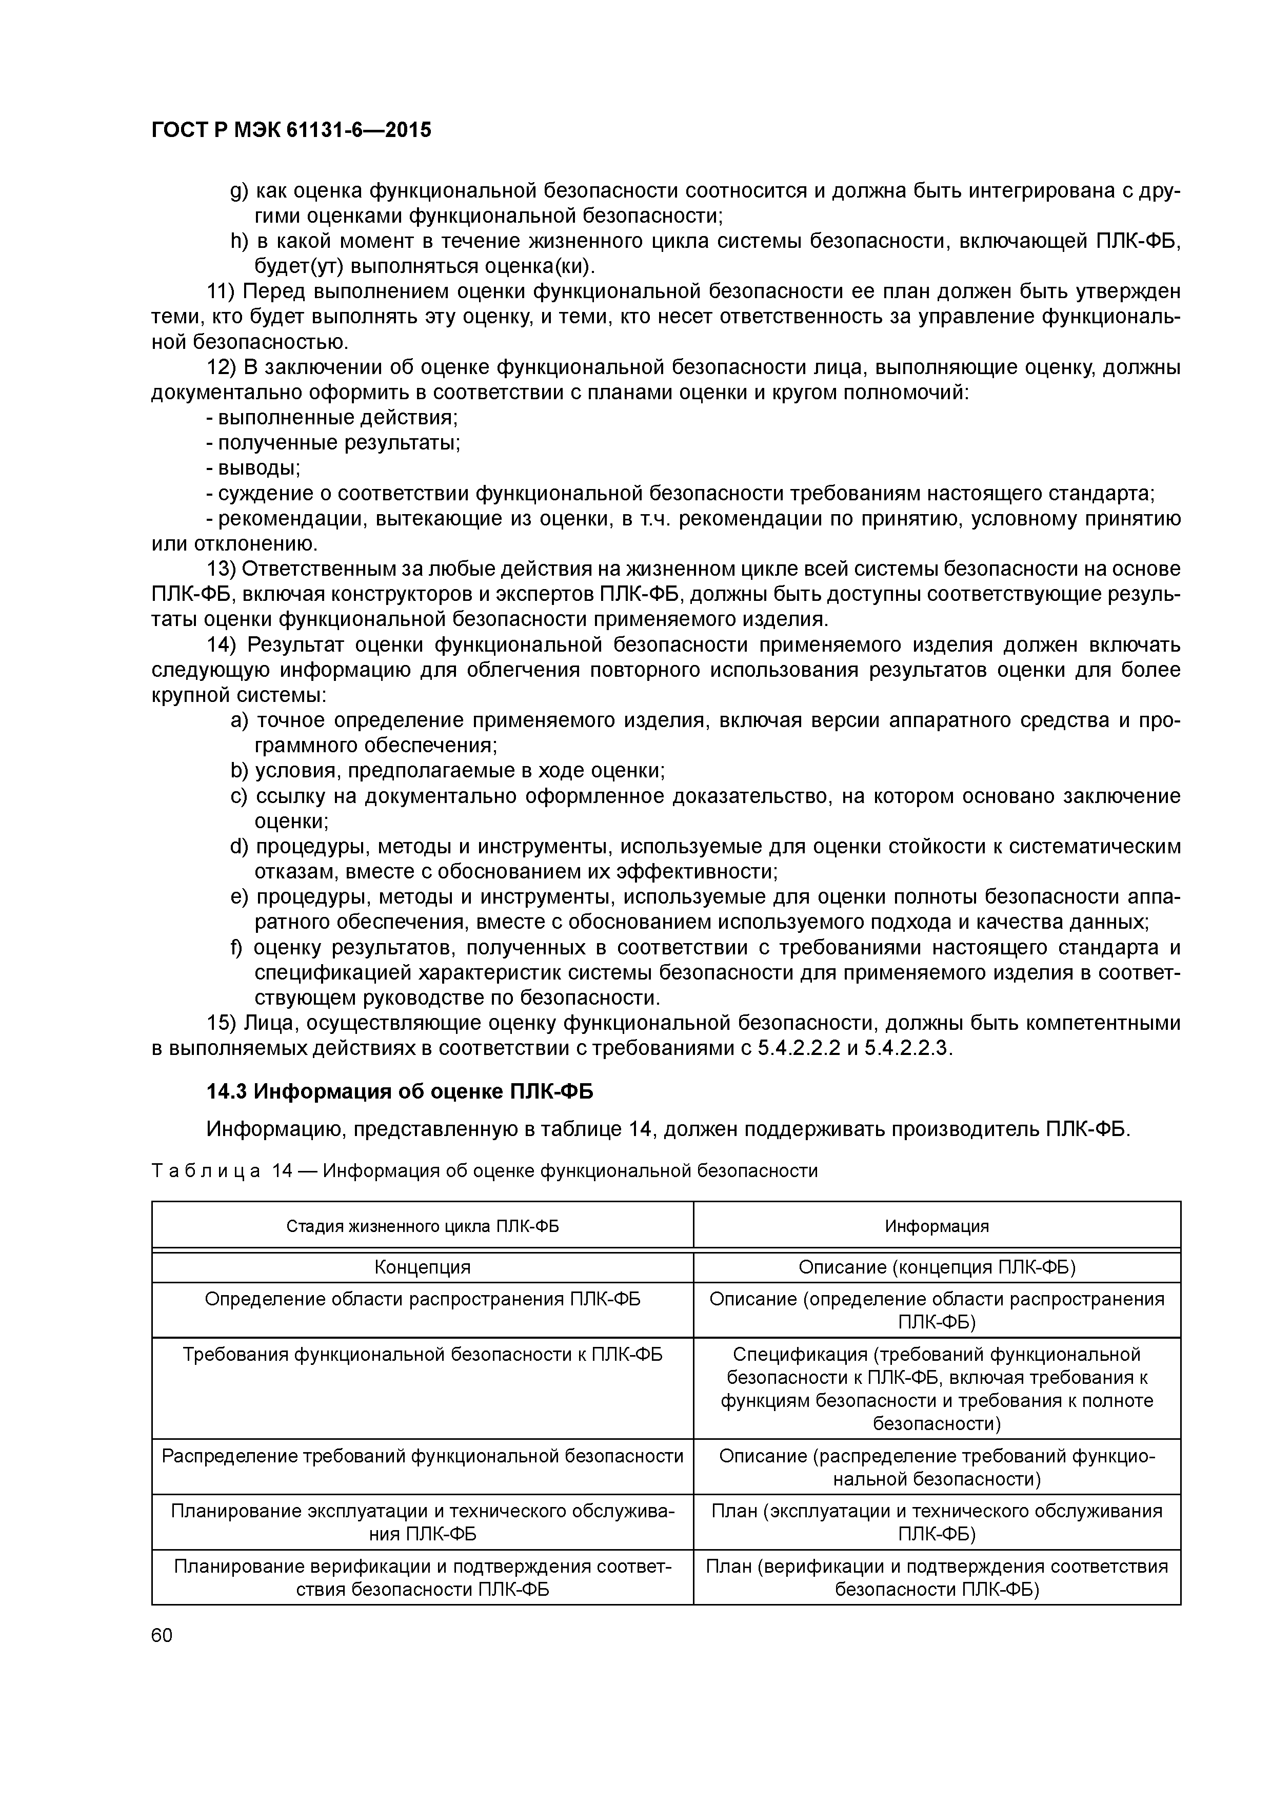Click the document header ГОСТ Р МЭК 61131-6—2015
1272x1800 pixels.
coord(291,130)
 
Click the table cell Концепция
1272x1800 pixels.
coord(423,1268)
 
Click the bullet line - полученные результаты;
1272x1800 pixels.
coord(333,443)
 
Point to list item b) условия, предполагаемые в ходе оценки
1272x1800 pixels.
coord(448,771)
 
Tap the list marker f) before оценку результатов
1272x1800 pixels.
coord(236,948)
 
